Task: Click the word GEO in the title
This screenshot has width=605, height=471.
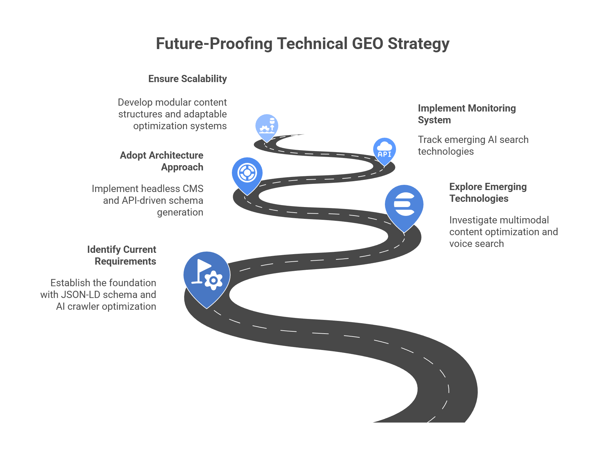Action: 367,44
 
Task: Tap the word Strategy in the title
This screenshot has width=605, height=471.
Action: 418,44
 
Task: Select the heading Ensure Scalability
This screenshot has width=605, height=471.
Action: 187,79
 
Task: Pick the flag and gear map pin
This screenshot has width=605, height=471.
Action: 206,276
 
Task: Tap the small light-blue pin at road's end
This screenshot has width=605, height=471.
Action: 267,126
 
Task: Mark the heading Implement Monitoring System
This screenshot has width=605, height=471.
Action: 466,114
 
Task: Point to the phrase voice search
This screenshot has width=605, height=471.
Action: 476,244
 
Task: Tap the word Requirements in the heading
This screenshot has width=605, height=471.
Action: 125,261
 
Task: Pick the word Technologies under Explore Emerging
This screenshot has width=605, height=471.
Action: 479,199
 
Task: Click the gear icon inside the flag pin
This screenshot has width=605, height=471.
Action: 213,280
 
